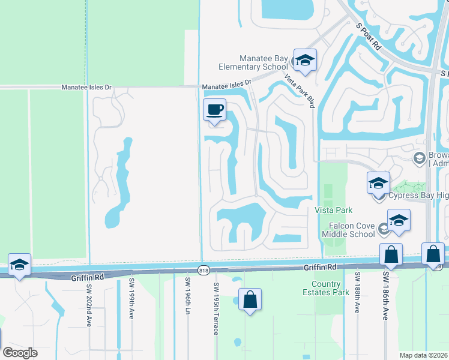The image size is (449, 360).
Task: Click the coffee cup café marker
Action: (214, 110)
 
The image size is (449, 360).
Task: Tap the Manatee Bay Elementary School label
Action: (255, 62)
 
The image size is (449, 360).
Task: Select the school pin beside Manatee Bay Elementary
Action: (305, 61)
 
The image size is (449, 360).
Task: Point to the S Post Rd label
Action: (369, 37)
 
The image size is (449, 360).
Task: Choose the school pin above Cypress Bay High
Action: (378, 184)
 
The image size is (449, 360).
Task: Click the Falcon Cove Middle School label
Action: (348, 229)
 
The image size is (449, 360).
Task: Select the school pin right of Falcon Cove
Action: (399, 221)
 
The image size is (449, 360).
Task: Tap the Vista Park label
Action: (334, 210)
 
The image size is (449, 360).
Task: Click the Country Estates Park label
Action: (330, 288)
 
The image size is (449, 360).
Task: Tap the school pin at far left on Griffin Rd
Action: (19, 265)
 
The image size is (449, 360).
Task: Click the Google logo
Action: (20, 353)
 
